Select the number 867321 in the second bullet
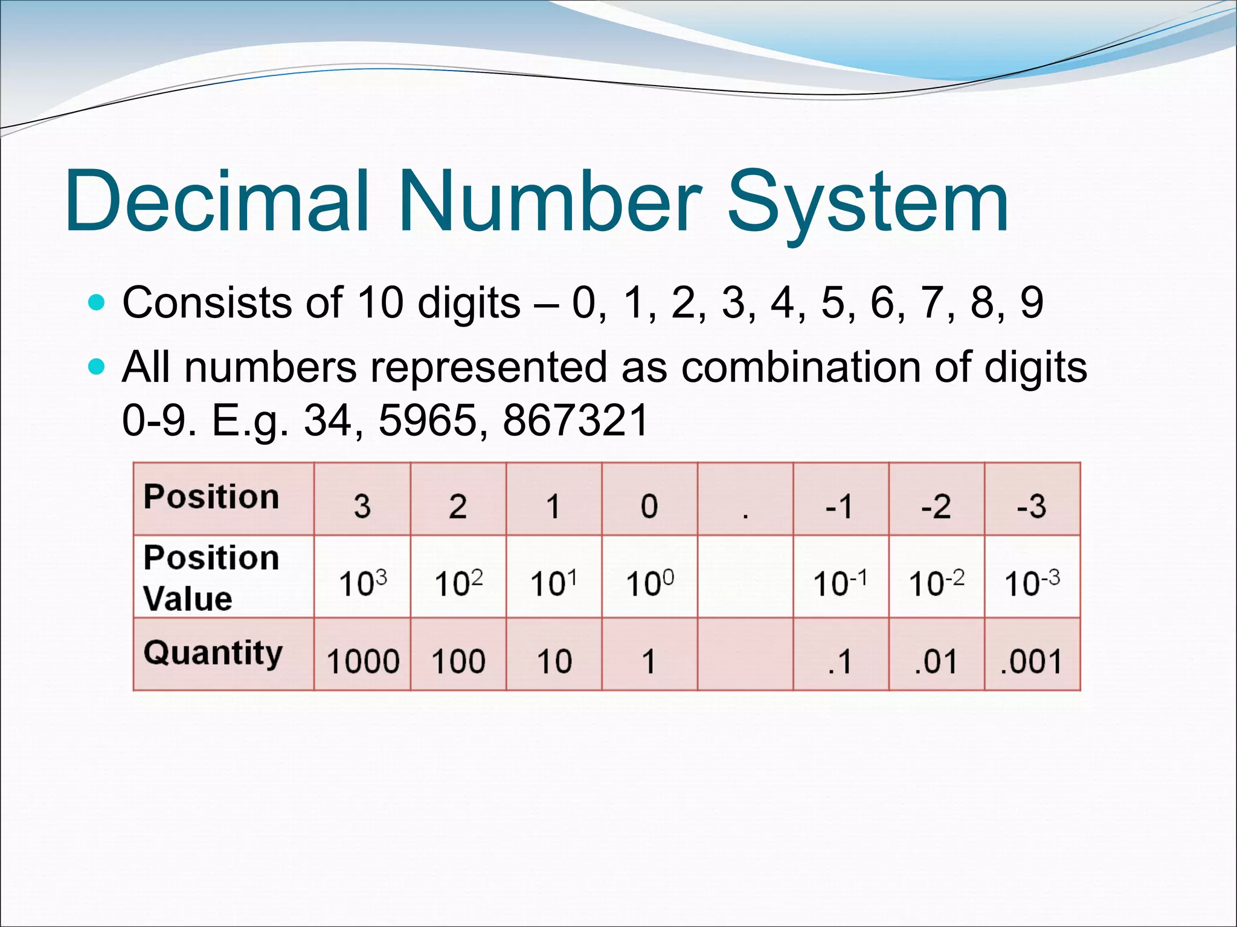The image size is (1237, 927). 575,420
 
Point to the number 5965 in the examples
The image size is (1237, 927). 427,420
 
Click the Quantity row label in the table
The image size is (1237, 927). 213,653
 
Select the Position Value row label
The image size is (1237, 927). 211,577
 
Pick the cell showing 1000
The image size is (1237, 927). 362,660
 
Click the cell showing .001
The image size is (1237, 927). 1032,660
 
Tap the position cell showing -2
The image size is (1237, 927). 936,506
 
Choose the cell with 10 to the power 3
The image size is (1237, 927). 362,582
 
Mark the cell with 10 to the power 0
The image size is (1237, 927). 649,582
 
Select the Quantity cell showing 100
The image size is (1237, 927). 458,660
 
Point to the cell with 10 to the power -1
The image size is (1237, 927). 840,582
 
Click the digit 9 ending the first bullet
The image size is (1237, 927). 1032,302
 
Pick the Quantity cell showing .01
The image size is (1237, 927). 936,660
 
